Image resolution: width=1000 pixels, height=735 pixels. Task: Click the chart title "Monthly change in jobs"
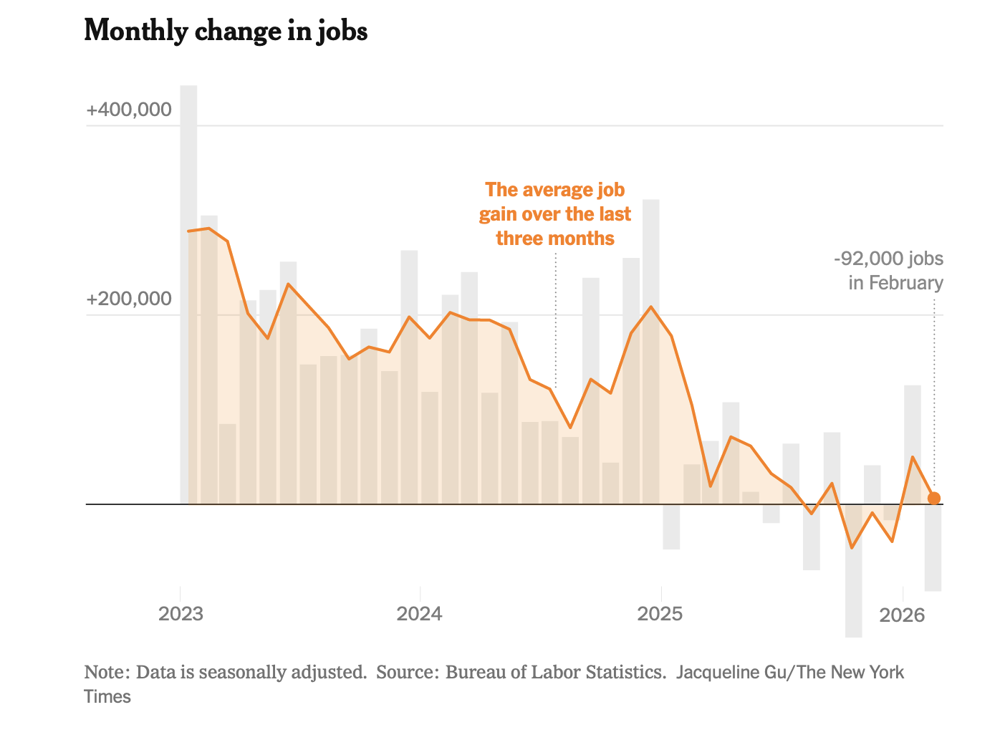(x=226, y=31)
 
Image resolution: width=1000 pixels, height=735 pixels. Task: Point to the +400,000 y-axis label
(x=129, y=110)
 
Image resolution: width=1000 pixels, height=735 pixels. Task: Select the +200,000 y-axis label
(x=129, y=299)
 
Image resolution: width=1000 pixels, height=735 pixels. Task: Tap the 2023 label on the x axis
(x=181, y=614)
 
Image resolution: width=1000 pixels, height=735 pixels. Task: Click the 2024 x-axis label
(x=420, y=614)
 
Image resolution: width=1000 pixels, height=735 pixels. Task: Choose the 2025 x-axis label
(x=660, y=614)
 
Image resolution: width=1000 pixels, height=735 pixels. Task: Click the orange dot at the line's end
(x=933, y=499)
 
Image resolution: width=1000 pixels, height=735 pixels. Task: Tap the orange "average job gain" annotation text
(x=555, y=213)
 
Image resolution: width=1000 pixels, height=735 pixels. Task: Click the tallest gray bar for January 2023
(x=188, y=287)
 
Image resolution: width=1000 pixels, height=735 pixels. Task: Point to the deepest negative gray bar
(x=853, y=573)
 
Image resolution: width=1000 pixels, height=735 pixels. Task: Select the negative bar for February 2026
(x=933, y=548)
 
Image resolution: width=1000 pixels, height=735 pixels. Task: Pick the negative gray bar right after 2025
(x=671, y=527)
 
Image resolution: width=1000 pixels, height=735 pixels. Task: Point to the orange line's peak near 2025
(x=650, y=307)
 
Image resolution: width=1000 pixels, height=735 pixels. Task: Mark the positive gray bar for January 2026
(x=912, y=444)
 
